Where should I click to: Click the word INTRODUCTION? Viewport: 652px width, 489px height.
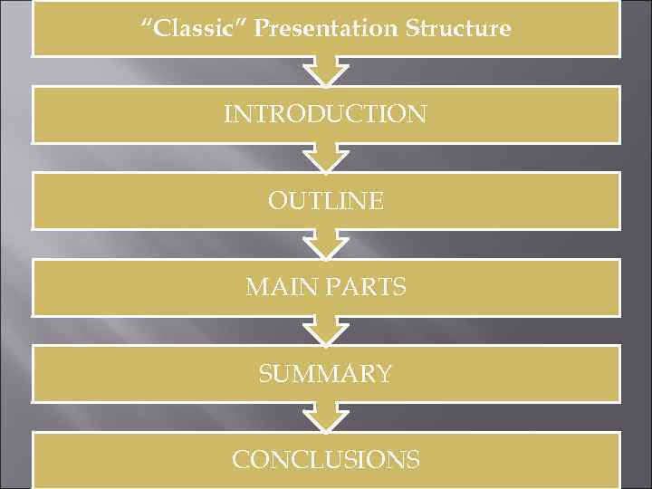[325, 114]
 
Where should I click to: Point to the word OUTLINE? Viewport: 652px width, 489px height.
[325, 200]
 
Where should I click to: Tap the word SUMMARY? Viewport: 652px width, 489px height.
[325, 373]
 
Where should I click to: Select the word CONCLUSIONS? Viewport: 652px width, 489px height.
[325, 459]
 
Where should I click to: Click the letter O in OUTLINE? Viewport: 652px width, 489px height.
[277, 200]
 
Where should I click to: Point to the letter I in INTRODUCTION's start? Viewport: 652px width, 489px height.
[227, 114]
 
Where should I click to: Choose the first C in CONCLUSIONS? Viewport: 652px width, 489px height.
[241, 459]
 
